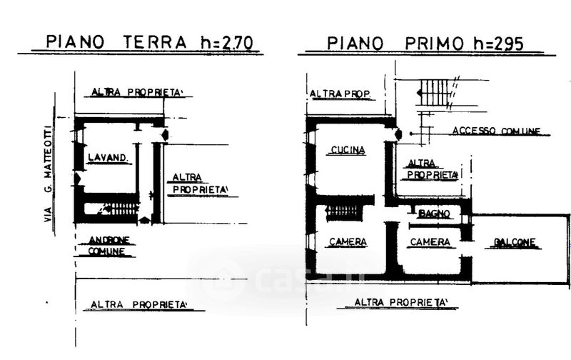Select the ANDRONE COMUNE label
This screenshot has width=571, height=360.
pos(108,246)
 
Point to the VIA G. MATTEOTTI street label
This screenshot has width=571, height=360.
pos(49,172)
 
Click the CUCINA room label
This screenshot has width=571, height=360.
pos(348,150)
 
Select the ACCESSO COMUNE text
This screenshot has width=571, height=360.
pos(495,131)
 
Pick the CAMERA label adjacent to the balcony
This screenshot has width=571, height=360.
pos(430,242)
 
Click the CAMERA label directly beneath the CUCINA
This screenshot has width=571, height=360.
pos(348,242)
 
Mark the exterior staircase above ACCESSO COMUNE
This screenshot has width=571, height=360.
pos(435,94)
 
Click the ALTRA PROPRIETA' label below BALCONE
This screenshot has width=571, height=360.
pos(402,302)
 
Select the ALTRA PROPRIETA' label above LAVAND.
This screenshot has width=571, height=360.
pos(136,92)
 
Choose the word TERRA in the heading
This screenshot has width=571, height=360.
pos(152,42)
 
